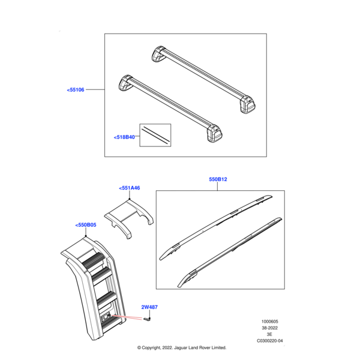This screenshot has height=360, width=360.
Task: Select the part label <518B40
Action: click(x=124, y=137)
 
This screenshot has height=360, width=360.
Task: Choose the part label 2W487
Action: click(x=149, y=307)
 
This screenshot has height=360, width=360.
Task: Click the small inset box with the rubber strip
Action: click(x=155, y=136)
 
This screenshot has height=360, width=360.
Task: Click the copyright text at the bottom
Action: click(x=181, y=347)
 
